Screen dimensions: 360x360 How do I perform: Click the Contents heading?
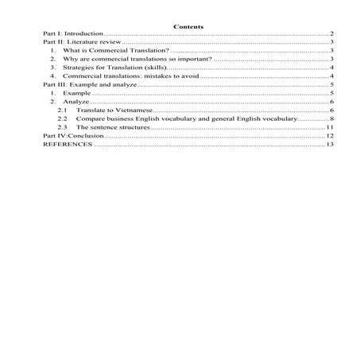tap(188, 27)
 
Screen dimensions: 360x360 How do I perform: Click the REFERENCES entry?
tap(67, 145)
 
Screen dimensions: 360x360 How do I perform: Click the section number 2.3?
tap(63, 128)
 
